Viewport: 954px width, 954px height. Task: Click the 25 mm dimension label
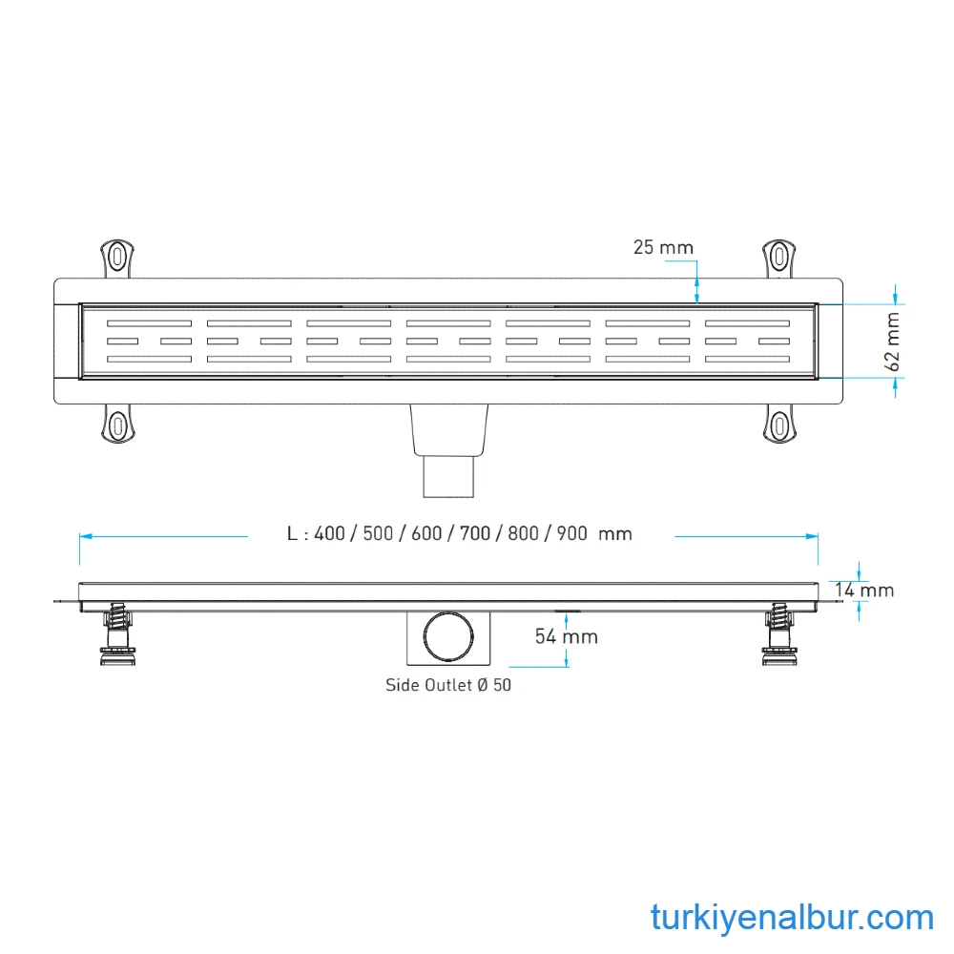coord(663,247)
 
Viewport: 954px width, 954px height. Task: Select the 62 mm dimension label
coord(892,341)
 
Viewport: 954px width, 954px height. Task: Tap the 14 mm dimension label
coord(864,591)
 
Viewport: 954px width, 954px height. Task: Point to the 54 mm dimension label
coord(566,636)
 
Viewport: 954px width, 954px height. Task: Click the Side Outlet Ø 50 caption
coord(447,685)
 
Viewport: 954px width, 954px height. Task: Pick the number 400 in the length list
coord(329,534)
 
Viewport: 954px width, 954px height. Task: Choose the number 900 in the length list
coord(571,534)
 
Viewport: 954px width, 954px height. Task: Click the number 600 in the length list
coord(426,534)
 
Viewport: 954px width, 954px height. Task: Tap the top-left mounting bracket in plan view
coord(116,258)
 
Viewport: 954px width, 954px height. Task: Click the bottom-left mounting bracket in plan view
coord(116,424)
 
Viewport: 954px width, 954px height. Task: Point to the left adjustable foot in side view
coord(117,634)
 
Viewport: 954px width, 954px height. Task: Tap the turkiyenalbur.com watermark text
coord(792,918)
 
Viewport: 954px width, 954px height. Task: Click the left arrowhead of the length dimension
coord(83,535)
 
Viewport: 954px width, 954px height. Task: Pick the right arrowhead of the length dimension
coord(815,535)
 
